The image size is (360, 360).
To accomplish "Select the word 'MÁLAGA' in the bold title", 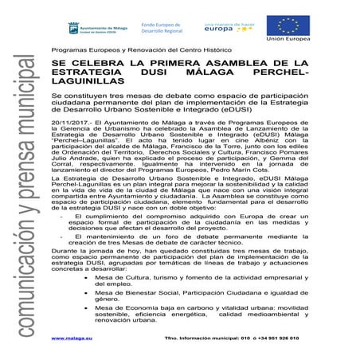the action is [x=227, y=72].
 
